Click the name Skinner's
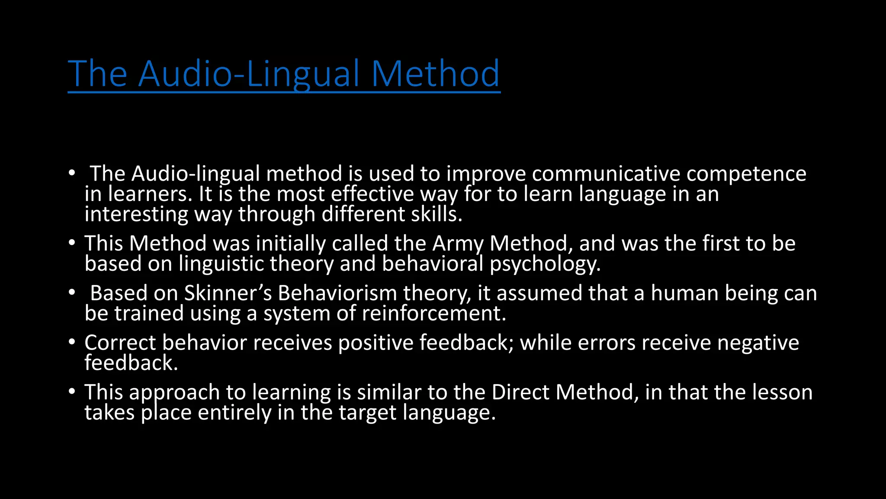(228, 293)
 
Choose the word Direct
(520, 392)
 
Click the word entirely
(234, 413)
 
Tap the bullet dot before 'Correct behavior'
(72, 342)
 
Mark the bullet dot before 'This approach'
(72, 392)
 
